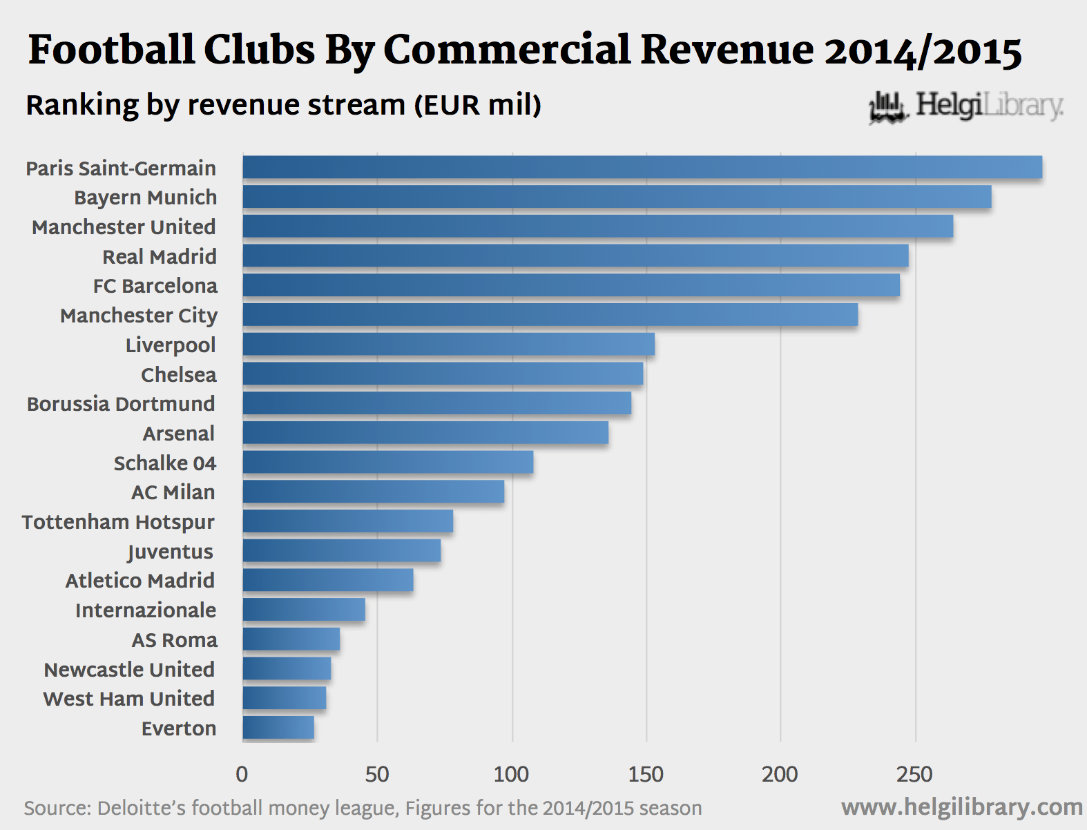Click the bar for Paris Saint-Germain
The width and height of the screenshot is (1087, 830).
tap(642, 168)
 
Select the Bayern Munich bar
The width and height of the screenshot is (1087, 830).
tap(617, 197)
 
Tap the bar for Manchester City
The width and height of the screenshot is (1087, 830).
tap(550, 315)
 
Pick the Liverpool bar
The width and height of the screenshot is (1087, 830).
tap(448, 344)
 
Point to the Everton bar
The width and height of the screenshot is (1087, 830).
tap(278, 728)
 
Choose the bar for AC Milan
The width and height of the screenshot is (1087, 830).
tap(373, 492)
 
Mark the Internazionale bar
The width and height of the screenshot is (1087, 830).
tap(304, 610)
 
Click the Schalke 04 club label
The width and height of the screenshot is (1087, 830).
tap(165, 463)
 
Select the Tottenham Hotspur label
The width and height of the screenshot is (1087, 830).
tap(118, 522)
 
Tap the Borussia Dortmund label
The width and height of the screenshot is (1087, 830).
tap(121, 404)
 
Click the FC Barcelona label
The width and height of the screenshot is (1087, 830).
tap(155, 286)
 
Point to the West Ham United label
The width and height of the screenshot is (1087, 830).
tap(129, 699)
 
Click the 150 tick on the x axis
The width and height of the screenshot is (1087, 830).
tap(646, 775)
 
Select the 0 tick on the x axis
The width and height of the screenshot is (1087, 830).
tap(242, 775)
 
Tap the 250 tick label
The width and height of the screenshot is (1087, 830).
tap(915, 775)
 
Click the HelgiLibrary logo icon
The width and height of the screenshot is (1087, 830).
tap(888, 108)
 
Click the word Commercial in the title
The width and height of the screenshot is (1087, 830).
tap(507, 50)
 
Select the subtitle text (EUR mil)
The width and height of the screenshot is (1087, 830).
tap(477, 106)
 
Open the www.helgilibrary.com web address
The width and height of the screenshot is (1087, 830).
tap(961, 807)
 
